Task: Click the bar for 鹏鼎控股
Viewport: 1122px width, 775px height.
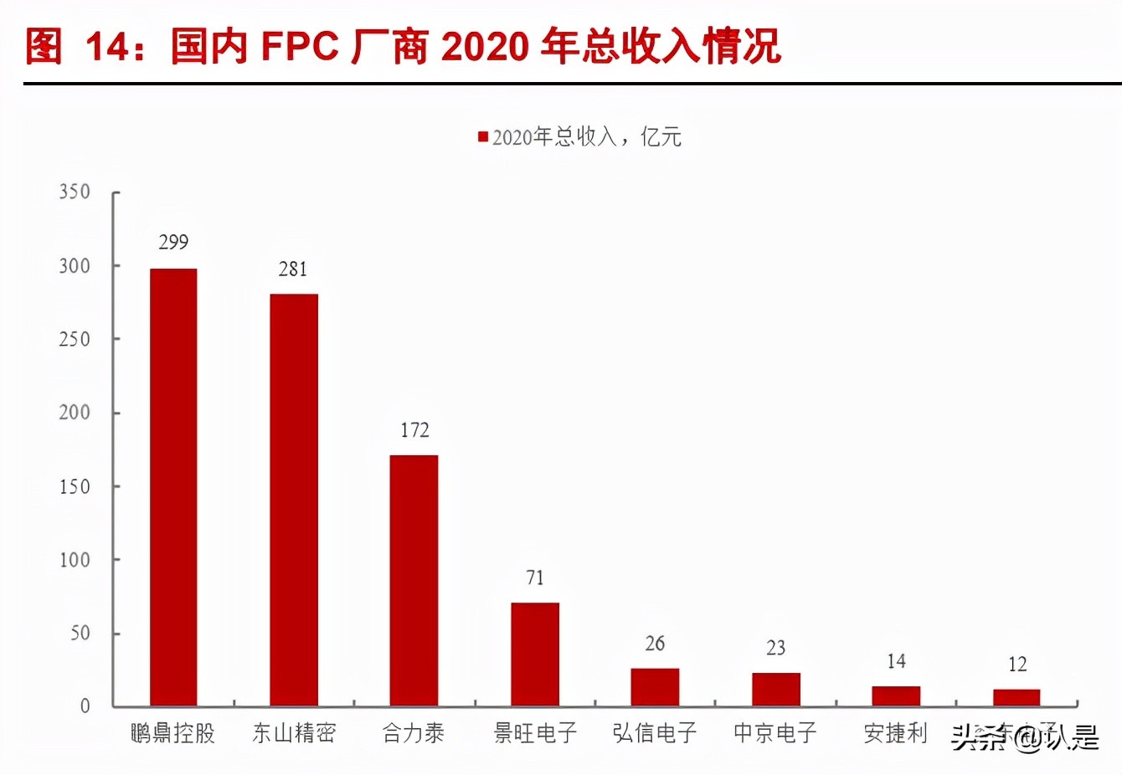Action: (x=173, y=487)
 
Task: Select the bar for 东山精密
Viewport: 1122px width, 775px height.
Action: (x=294, y=500)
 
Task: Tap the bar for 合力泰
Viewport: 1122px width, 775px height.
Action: (x=414, y=580)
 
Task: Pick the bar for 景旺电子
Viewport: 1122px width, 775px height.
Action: (x=535, y=654)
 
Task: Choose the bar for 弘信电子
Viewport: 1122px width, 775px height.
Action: (x=655, y=686)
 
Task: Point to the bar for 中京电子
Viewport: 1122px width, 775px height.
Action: (x=775, y=689)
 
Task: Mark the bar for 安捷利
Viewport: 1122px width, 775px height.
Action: (x=896, y=695)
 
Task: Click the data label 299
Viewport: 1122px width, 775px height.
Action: (x=173, y=243)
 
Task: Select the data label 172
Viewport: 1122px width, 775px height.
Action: (x=414, y=430)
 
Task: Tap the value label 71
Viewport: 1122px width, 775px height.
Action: (x=535, y=577)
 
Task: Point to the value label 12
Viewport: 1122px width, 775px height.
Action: (x=1017, y=665)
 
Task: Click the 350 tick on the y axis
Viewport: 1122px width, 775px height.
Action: (x=75, y=192)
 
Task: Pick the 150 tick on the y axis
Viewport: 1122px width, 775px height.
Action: (x=75, y=486)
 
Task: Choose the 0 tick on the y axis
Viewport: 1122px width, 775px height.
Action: (x=85, y=706)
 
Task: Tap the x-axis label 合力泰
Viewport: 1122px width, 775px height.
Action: (x=414, y=733)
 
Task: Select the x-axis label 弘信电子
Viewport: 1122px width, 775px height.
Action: (x=655, y=733)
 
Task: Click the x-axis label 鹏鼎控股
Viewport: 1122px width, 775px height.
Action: (x=173, y=733)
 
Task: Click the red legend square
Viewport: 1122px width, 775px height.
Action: (x=483, y=136)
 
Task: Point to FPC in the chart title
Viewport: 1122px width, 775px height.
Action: (x=300, y=47)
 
